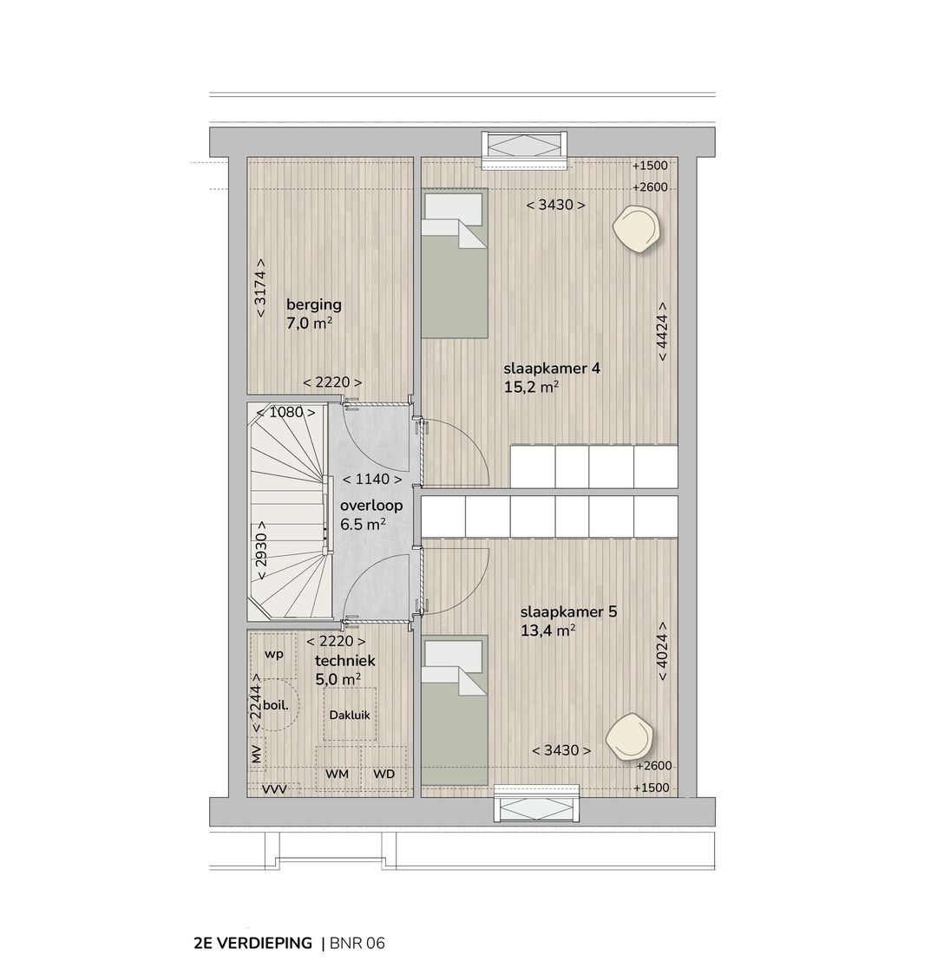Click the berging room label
click(313, 304)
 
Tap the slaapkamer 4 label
click(552, 368)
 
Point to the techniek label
click(344, 660)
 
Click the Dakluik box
click(350, 715)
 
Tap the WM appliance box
click(337, 773)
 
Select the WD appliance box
click(383, 773)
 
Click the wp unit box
click(275, 653)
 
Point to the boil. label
click(275, 705)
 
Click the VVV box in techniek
click(274, 788)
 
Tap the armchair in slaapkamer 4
click(638, 228)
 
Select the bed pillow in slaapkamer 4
click(452, 208)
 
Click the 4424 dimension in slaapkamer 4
click(663, 331)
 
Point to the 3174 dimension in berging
click(261, 288)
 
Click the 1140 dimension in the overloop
click(372, 479)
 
